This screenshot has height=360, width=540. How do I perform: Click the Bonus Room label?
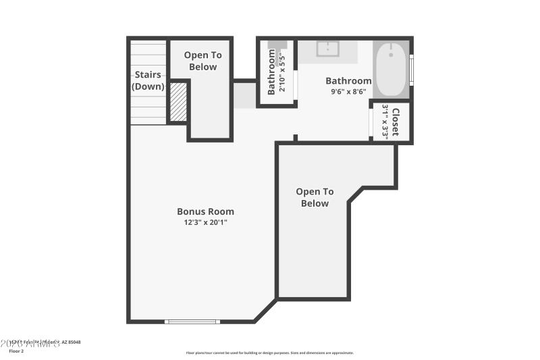coord(205,211)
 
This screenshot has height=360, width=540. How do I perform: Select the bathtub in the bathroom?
coord(390,69)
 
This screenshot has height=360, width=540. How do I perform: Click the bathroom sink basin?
coord(329,49)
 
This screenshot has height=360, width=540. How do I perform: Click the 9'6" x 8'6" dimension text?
coord(348,92)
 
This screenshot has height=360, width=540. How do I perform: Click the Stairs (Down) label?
coord(148,80)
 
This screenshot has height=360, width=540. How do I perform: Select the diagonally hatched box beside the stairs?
coord(178,101)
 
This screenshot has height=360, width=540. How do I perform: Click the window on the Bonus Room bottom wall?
coord(192,322)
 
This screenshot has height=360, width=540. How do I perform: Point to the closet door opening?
coord(371,122)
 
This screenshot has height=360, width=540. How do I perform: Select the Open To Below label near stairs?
coord(202,61)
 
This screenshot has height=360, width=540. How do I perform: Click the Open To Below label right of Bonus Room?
coord(315,198)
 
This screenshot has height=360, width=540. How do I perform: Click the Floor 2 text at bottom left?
coord(16,351)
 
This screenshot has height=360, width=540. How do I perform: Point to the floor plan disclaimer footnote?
coord(269,353)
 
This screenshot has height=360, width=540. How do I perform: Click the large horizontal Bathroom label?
coord(348,81)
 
